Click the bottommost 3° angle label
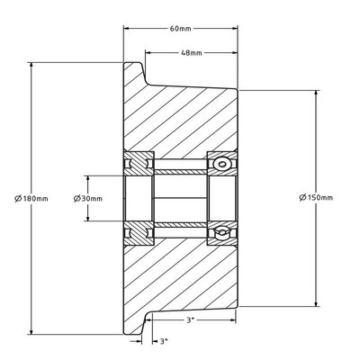[163, 341]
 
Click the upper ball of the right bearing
[220, 164]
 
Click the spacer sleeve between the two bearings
[180, 197]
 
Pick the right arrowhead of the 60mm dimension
[236, 36]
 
